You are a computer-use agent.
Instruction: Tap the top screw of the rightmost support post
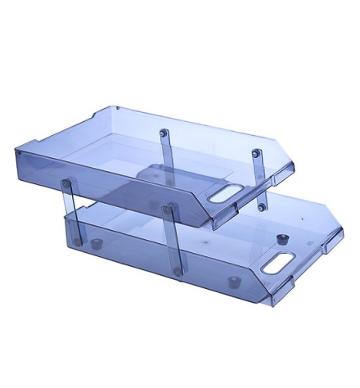coord(256,152)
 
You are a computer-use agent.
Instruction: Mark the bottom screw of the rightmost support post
coord(261,208)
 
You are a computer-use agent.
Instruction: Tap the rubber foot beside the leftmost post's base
coord(97,243)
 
